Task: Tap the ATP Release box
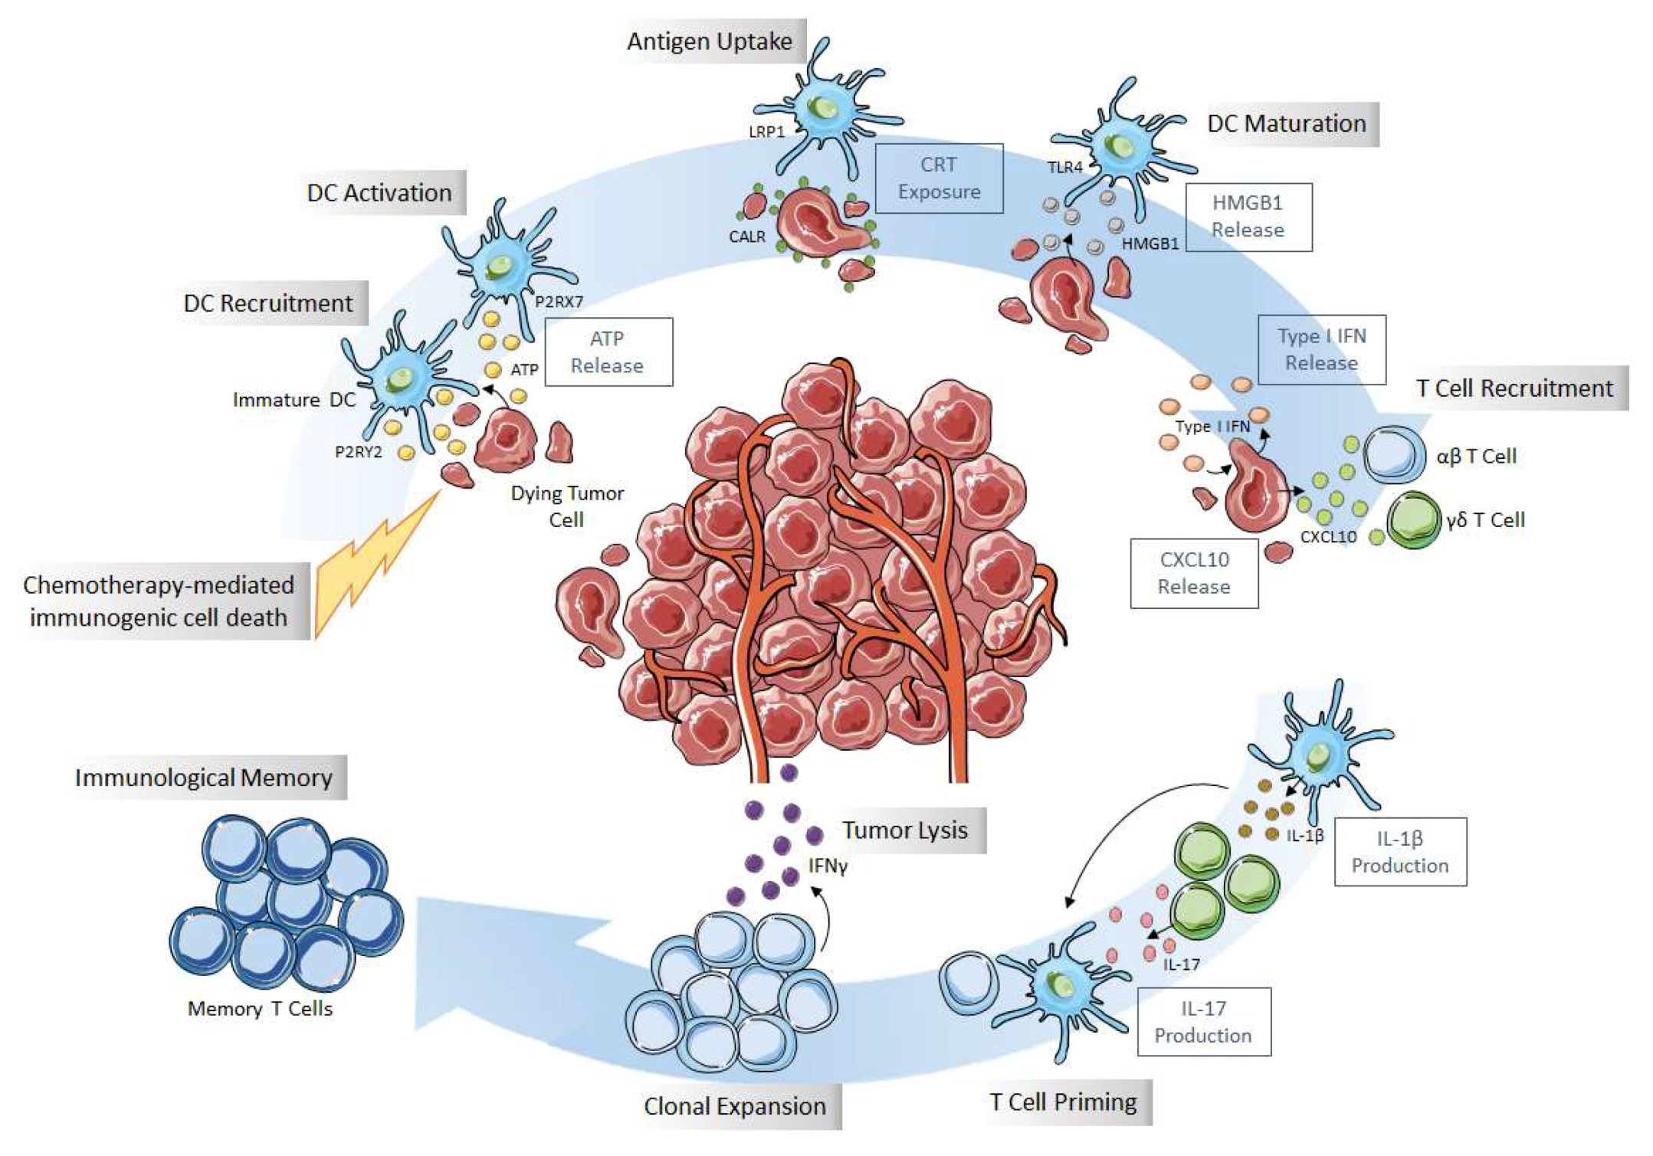tap(608, 352)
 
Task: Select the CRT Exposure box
tap(939, 178)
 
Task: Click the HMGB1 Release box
tap(1248, 216)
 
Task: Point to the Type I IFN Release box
tap(1321, 349)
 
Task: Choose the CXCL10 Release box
tap(1193, 573)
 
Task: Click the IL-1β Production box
tap(1399, 851)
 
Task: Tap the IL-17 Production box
tap(1202, 1021)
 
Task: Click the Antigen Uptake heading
tap(710, 41)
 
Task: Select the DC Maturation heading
tap(1287, 123)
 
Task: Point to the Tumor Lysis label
tap(905, 830)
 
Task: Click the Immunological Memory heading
tap(204, 778)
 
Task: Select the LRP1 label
tap(766, 132)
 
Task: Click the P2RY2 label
tap(358, 451)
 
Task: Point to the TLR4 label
tap(1064, 166)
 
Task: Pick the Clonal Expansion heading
tap(735, 1105)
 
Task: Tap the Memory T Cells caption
tap(260, 1008)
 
